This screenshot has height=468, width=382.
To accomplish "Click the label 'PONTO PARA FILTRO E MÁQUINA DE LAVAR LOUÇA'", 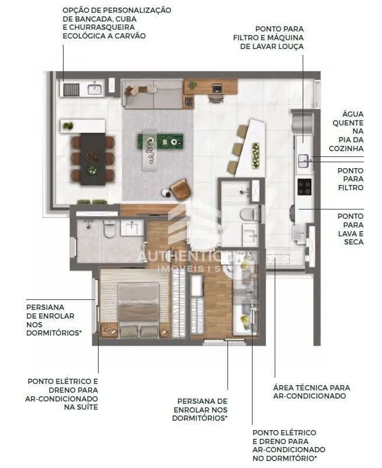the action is (x=268, y=37).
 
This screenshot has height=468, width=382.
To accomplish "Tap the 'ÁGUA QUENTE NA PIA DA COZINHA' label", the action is (x=346, y=131).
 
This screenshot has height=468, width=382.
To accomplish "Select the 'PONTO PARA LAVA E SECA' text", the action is (x=351, y=229).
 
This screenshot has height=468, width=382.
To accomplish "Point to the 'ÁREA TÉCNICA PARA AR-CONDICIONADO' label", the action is (x=311, y=392).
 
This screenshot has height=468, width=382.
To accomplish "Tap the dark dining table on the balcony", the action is (x=93, y=159).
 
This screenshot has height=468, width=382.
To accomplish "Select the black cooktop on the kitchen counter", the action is (x=304, y=187).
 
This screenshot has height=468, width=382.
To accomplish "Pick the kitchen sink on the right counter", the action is (x=304, y=161).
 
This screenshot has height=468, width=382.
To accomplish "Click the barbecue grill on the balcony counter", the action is (x=71, y=89).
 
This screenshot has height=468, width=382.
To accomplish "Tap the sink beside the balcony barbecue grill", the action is (x=94, y=88).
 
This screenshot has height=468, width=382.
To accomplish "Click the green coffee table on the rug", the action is (x=161, y=141).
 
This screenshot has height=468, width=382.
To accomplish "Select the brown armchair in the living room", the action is (x=180, y=189).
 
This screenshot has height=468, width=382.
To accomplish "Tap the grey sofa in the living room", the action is (x=152, y=94).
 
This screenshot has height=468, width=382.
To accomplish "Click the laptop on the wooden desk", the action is (x=217, y=88).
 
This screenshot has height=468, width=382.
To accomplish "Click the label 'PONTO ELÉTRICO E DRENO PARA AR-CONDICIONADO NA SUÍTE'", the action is (x=62, y=394).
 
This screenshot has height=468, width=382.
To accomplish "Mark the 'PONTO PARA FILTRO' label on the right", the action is (x=351, y=179).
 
